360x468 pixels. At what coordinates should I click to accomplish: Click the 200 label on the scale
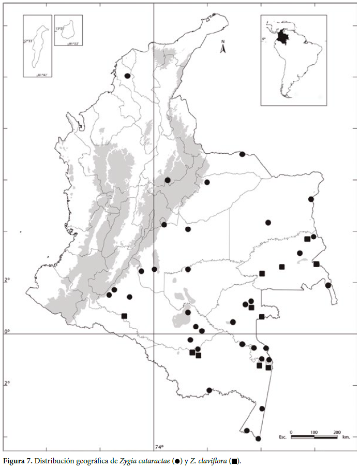click(x=337, y=432)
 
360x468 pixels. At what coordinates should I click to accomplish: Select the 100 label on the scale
click(x=314, y=432)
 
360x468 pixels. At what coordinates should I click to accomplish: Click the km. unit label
click(x=346, y=437)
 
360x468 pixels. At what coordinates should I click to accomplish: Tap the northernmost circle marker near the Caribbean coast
click(x=127, y=76)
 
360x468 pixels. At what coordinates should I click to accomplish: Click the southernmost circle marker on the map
click(x=258, y=438)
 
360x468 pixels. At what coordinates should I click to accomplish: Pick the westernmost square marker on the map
click(x=124, y=316)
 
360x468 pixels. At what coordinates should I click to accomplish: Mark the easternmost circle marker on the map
click(x=328, y=285)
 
